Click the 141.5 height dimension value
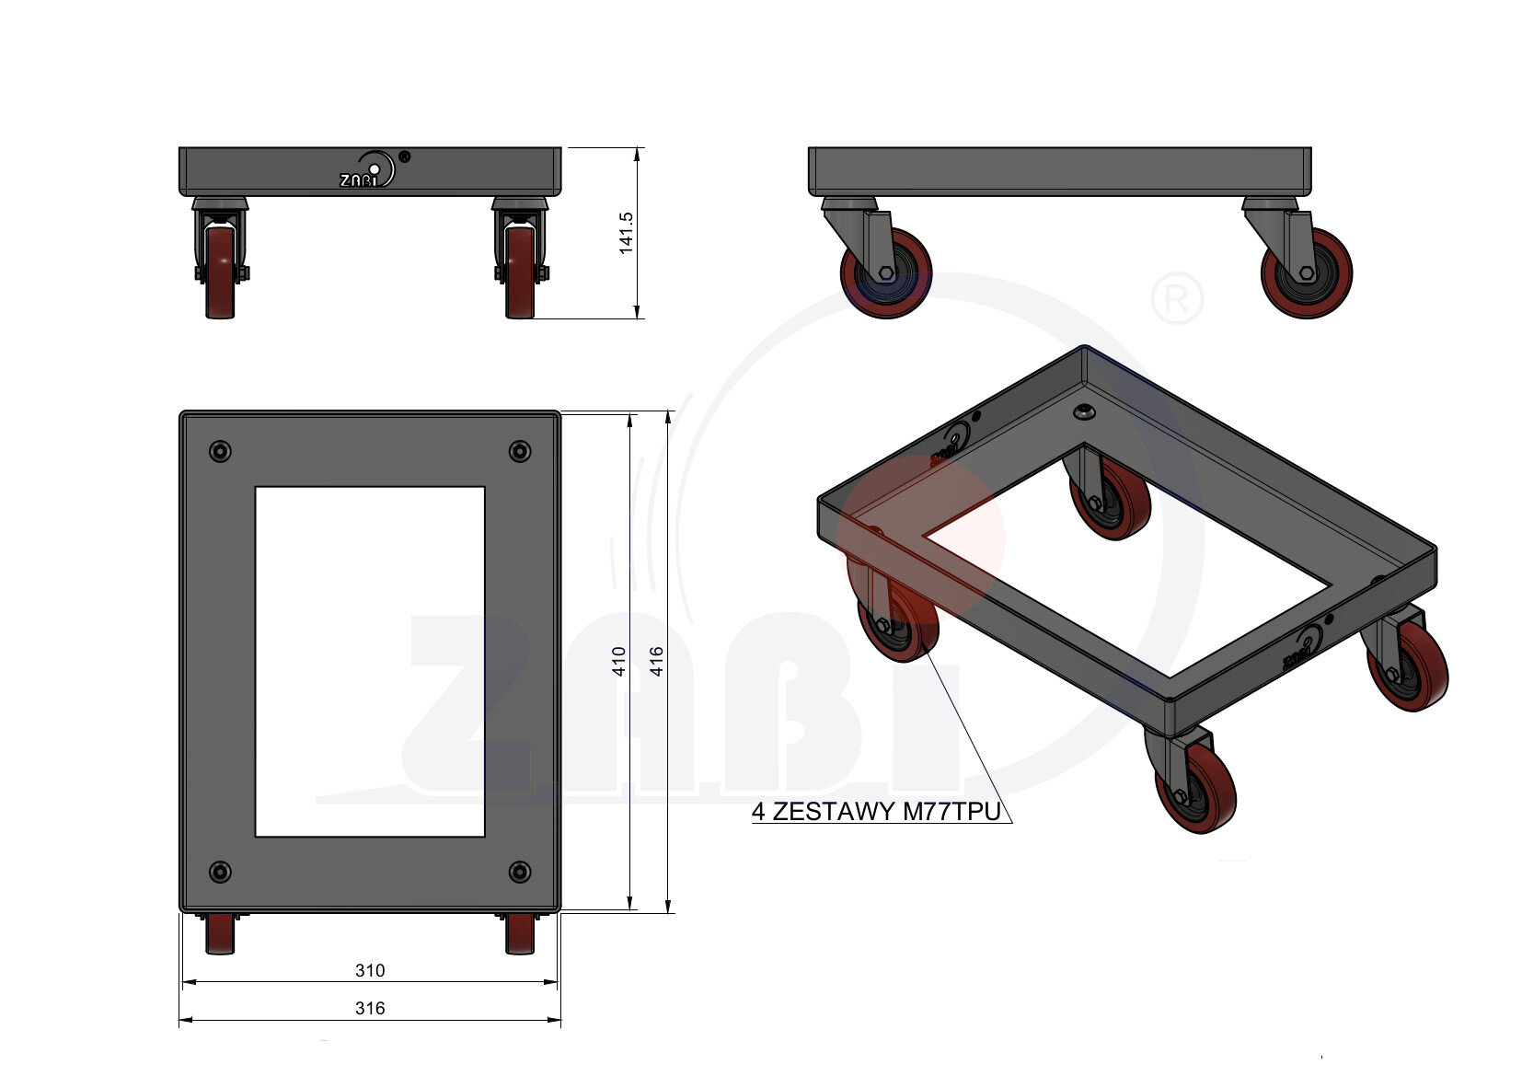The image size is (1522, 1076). [627, 233]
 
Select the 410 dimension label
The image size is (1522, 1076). [619, 661]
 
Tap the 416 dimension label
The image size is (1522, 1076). [657, 661]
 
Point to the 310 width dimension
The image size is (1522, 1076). [370, 970]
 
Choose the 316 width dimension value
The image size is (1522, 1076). [370, 1008]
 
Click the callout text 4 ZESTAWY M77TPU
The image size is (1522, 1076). [875, 812]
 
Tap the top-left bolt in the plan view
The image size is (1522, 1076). [220, 451]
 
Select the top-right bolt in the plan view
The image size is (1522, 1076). [520, 451]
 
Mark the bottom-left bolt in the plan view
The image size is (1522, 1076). [220, 872]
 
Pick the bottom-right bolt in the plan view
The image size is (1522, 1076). [520, 872]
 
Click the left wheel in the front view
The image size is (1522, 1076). [221, 272]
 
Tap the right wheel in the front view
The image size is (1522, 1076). [520, 272]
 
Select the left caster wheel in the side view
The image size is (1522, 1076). [885, 274]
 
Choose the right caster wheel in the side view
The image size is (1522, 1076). [1307, 274]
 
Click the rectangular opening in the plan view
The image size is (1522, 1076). [370, 661]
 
